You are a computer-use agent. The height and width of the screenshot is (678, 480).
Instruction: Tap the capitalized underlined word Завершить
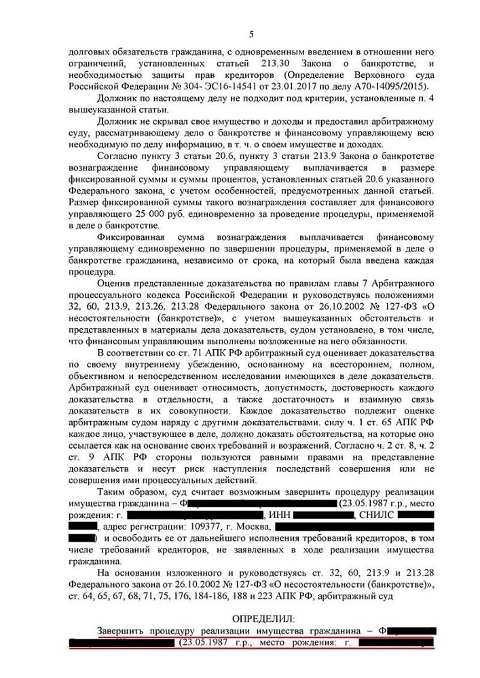point(121,630)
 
